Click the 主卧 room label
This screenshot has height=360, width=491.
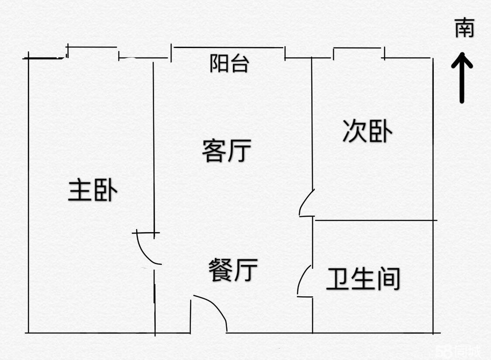pyautogui.click(x=93, y=191)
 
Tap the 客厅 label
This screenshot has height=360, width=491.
pyautogui.click(x=227, y=151)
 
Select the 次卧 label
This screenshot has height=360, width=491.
pyautogui.click(x=367, y=131)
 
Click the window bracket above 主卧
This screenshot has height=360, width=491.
pyautogui.click(x=93, y=47)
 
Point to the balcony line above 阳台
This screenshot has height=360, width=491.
pyautogui.click(x=228, y=47)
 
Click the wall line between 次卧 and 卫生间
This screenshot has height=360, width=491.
pyautogui.click(x=375, y=220)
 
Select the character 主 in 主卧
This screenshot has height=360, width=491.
pyautogui.click(x=79, y=191)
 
